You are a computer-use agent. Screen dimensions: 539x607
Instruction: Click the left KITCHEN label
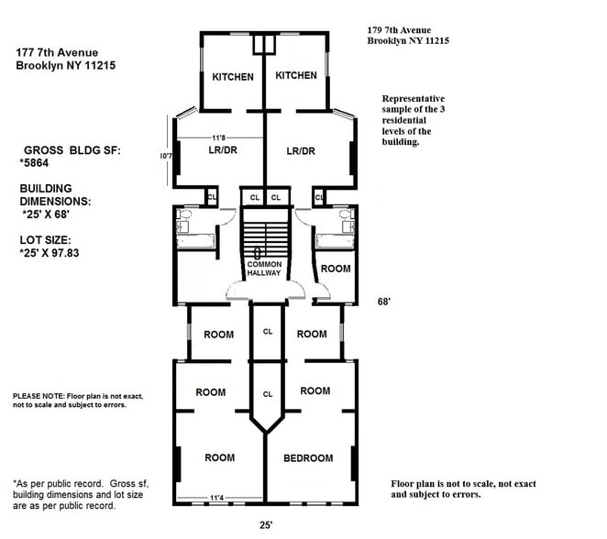click(233, 77)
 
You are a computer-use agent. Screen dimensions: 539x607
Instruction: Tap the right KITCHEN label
click(296, 76)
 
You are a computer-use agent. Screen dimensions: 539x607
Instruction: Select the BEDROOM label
click(309, 458)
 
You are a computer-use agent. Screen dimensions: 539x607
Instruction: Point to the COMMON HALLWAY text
click(264, 269)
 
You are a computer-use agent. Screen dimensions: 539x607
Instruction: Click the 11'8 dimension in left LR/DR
click(219, 138)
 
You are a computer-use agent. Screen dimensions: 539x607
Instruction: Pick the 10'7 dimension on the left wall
click(165, 157)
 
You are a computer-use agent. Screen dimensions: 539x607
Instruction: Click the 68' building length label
click(386, 301)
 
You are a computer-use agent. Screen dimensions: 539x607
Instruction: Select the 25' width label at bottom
click(265, 526)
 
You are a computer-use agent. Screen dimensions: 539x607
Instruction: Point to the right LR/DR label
click(301, 151)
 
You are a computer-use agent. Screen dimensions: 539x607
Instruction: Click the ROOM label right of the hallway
click(335, 269)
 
